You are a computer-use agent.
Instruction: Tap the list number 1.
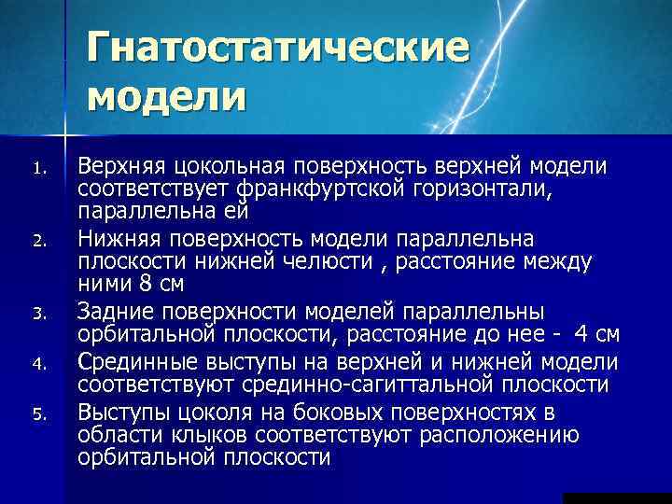pos(38,170)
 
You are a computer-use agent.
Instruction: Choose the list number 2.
pos(38,241)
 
